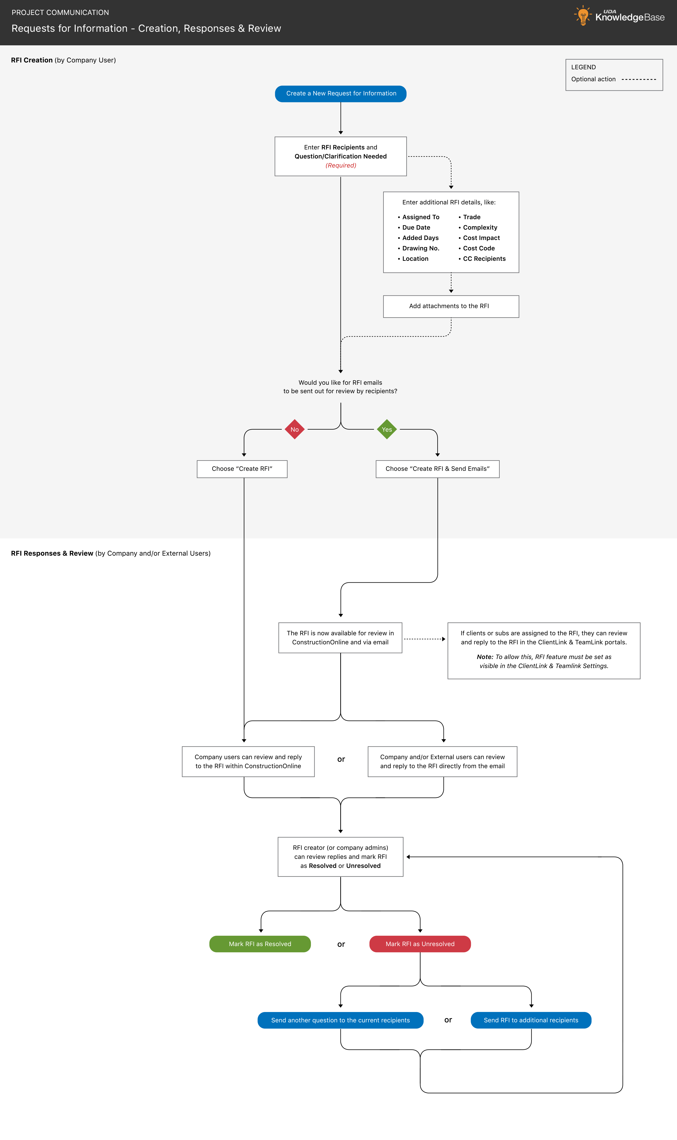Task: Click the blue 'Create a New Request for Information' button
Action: coord(341,94)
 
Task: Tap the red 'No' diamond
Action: coord(295,429)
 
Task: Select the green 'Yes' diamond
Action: coord(387,429)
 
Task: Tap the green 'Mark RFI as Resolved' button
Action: coord(260,944)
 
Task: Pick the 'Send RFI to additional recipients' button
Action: coord(531,1020)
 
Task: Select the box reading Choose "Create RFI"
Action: coord(242,469)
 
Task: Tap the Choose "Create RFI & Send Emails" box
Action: coord(438,469)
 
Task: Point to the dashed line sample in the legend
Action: coord(639,79)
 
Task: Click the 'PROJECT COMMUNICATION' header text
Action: coord(60,12)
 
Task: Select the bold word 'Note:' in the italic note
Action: coord(485,657)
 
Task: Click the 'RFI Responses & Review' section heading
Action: coord(52,553)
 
